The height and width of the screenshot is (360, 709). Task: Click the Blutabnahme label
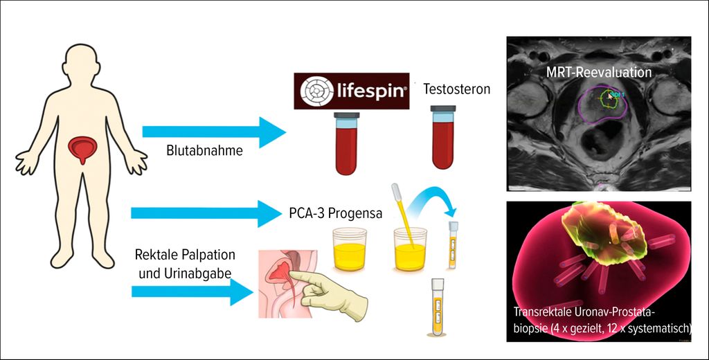[205, 150]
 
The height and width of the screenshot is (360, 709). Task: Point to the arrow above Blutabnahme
[214, 131]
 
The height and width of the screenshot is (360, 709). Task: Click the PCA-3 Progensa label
[335, 213]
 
